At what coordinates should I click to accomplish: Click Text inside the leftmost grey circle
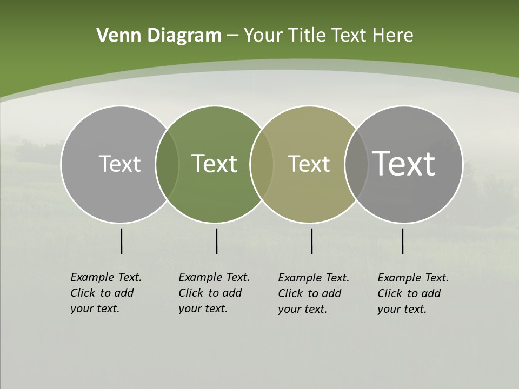pos(119,164)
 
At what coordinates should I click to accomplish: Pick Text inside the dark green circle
pos(214,164)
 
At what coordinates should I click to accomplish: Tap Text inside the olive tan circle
pos(309,164)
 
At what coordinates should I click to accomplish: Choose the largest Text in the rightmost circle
pos(404,164)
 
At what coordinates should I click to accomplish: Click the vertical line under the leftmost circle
pos(121,241)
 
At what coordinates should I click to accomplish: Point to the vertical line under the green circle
pos(216,241)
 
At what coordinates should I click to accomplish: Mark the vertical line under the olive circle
pos(311,241)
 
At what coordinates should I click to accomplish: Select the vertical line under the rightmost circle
pos(402,241)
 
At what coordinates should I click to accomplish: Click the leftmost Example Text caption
pos(105,293)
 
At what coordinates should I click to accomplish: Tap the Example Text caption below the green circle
pos(214,293)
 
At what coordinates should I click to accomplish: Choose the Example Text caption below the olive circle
pos(313,293)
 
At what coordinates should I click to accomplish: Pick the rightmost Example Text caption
pos(412,293)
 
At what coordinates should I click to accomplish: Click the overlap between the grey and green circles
pos(167,164)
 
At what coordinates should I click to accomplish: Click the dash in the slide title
pos(232,36)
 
